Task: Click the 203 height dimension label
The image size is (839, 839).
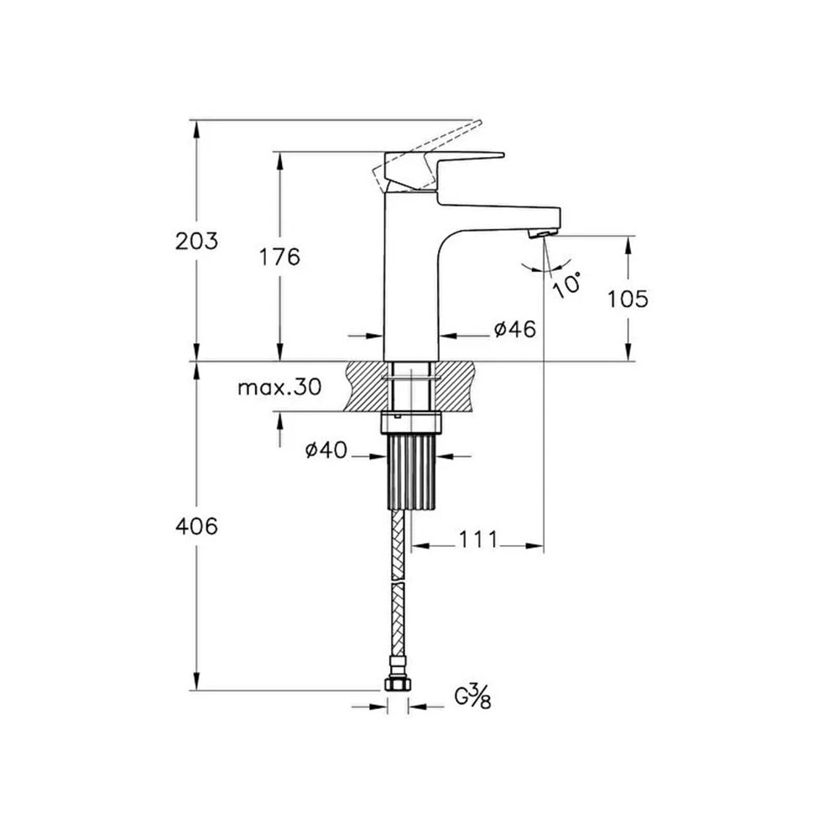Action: click(197, 242)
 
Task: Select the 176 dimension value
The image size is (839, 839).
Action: click(280, 258)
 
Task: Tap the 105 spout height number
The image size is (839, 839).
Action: click(628, 300)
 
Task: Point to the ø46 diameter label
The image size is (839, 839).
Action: click(515, 330)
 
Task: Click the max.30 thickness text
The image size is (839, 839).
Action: click(280, 386)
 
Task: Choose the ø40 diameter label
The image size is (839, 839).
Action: click(326, 450)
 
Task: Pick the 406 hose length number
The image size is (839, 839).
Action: click(197, 527)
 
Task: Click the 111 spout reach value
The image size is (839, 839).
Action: click(478, 539)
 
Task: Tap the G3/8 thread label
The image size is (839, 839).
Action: click(473, 698)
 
